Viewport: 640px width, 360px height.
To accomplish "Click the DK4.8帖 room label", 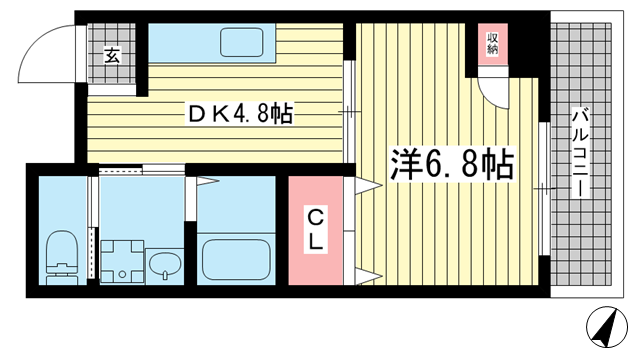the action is tap(240, 114).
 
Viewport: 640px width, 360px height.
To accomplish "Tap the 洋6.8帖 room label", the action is tap(452, 164).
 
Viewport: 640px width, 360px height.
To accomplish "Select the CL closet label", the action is tap(316, 231).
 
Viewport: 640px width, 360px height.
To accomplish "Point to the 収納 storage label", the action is tap(493, 44).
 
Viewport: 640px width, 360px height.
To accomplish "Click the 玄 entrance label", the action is tap(112, 55).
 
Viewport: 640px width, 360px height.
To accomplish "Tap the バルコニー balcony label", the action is tap(580, 153).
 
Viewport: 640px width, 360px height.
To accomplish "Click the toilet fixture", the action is tap(62, 258).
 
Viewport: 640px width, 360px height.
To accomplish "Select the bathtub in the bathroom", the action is tap(237, 259).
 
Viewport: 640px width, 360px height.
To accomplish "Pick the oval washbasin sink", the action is tap(165, 263).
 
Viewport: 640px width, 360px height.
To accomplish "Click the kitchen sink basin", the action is tap(242, 42).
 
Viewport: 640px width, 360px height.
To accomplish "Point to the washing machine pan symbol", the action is tap(122, 262).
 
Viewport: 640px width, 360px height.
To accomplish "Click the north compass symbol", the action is tap(607, 327).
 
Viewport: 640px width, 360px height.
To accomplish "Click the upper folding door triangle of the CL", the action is tap(368, 186).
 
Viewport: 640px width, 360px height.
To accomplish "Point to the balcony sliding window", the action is tap(543, 189).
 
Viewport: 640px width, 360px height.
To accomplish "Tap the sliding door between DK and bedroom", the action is tap(348, 112).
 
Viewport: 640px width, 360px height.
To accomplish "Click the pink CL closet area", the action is tap(316, 231).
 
